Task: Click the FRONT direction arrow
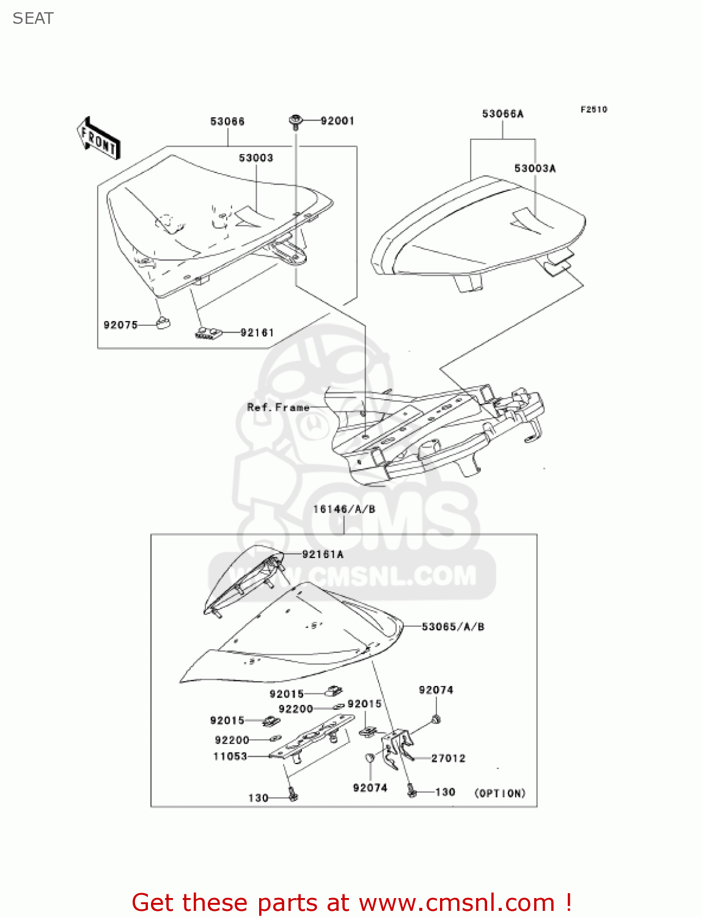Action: point(98,139)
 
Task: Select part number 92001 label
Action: point(337,121)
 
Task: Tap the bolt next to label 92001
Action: point(296,122)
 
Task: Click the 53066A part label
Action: point(502,114)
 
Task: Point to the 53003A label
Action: point(535,168)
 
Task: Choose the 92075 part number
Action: point(120,325)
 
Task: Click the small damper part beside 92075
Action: point(163,322)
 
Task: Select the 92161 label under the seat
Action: point(257,333)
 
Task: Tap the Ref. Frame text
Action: point(278,407)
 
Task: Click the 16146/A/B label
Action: point(344,509)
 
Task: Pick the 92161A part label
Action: point(323,554)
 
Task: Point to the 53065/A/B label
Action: point(453,627)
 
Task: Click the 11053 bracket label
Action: point(230,756)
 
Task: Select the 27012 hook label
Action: point(448,758)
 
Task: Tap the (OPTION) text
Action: point(500,793)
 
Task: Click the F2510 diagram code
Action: point(593,109)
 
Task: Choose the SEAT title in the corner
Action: point(33,18)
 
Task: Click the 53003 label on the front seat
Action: point(255,158)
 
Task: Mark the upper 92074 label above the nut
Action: point(436,690)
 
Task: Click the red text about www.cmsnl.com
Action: point(351,902)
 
